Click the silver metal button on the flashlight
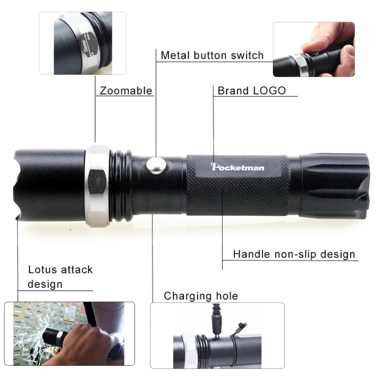coord(156,165)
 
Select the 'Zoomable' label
coord(126,90)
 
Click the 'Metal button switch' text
coord(212,55)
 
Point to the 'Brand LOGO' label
coord(252,90)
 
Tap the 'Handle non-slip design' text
coord(294,254)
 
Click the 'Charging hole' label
coord(201,297)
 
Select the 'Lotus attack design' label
coord(60,277)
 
